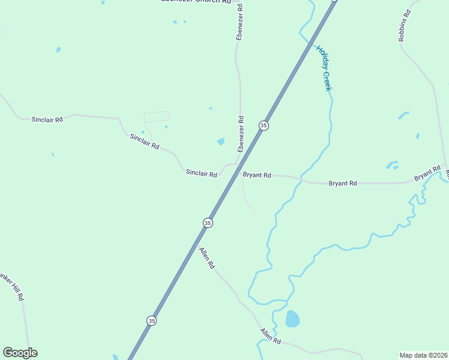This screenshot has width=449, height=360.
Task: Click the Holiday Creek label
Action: coord(324,68)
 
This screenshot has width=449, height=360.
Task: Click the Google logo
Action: coord(20,353)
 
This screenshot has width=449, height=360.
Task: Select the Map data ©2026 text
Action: coord(423,355)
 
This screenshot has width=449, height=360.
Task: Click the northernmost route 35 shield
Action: coord(264,125)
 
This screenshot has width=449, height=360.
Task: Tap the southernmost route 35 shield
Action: coord(151,320)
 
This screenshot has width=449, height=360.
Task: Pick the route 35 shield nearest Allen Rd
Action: coord(208,223)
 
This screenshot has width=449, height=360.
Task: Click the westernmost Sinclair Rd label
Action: coord(47,120)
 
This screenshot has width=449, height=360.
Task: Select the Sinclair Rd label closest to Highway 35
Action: coord(201,173)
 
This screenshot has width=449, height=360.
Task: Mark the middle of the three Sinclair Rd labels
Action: coord(145,142)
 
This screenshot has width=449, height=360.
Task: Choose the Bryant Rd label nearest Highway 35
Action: coord(257,175)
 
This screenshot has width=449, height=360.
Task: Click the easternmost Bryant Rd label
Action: coord(428,175)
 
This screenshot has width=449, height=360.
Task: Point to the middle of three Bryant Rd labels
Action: coord(343,183)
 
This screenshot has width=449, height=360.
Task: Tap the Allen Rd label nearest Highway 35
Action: coord(206,257)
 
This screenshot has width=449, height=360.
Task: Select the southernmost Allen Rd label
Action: coord(271,336)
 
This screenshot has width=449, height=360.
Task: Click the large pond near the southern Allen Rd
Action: coord(292,319)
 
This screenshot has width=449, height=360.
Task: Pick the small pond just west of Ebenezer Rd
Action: coord(221,142)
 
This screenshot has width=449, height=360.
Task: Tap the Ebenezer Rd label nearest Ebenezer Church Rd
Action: coord(240,22)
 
